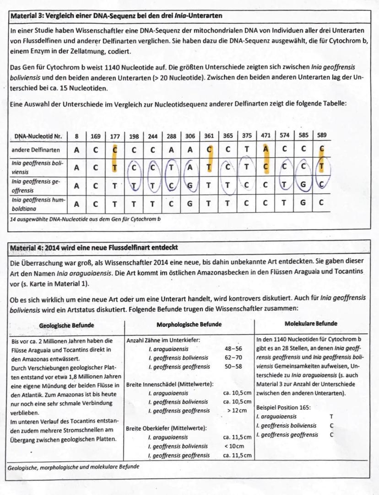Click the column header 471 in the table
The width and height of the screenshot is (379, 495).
point(265,136)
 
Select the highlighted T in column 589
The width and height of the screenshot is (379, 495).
point(322,167)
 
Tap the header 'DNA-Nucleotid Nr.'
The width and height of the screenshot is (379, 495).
point(38,136)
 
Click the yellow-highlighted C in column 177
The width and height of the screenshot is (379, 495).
point(115,150)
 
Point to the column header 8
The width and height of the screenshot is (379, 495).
point(77,136)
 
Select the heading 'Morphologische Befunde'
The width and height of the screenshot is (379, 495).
point(189,325)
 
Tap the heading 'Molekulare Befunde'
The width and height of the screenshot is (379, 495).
point(311,323)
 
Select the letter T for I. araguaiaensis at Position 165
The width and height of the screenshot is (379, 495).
point(331,416)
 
